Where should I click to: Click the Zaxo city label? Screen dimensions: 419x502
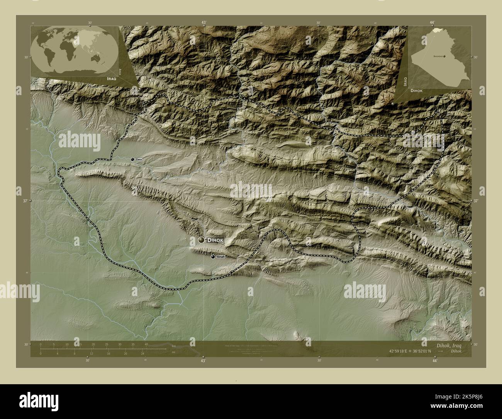[x=139, y=159]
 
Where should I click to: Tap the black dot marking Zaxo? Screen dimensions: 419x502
[x=132, y=159]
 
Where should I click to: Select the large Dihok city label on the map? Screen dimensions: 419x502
[x=215, y=240]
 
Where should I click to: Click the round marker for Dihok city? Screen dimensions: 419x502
[x=201, y=240]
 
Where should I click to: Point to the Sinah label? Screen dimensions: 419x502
[x=220, y=257]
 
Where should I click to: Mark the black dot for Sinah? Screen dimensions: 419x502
[x=213, y=257]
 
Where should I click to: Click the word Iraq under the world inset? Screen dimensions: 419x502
[x=110, y=78]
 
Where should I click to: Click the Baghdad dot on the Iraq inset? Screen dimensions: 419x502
[x=444, y=56]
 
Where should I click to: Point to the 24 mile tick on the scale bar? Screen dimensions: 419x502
[x=142, y=353]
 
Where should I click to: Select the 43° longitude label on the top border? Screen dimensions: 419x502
[x=204, y=22]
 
